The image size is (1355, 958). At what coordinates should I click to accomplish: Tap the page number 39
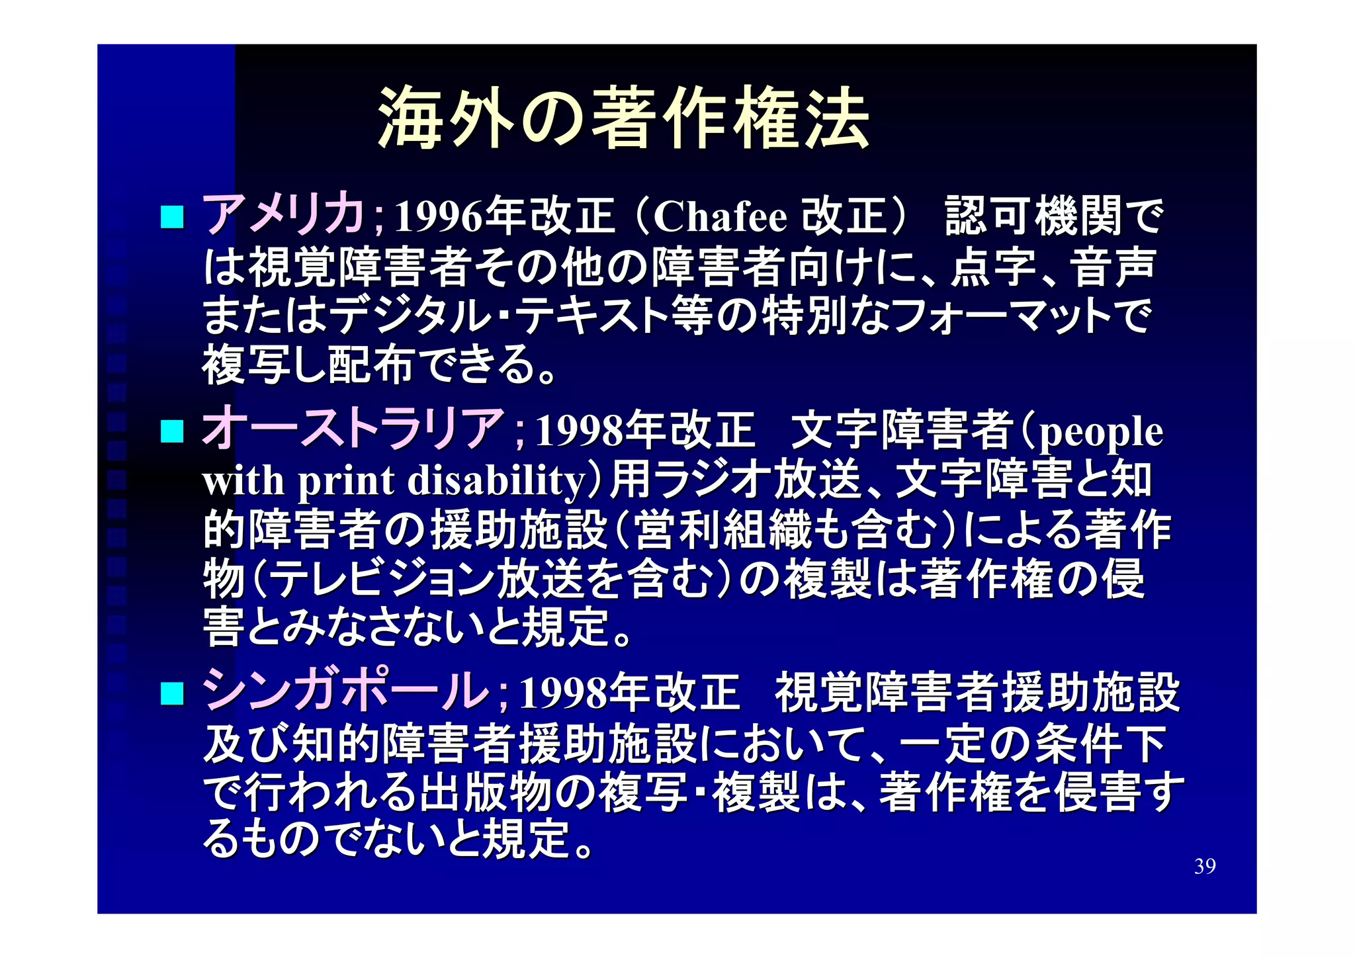(1204, 866)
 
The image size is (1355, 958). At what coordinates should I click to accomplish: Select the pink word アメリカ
(283, 215)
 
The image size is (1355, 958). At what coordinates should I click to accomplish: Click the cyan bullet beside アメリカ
(172, 217)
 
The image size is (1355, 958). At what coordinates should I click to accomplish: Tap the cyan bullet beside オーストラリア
(172, 431)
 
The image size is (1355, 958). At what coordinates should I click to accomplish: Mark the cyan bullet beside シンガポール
(172, 693)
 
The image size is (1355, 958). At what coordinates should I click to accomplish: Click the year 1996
(439, 217)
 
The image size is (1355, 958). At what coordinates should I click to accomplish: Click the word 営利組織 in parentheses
(722, 529)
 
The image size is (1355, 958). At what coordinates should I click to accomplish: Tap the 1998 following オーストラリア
(580, 431)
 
